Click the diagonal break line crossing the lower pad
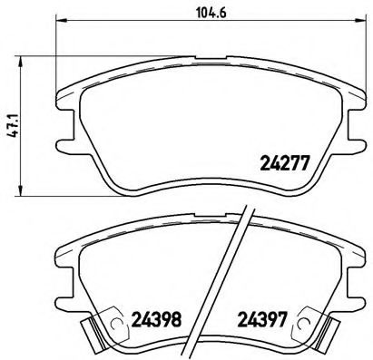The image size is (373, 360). (238, 272)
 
